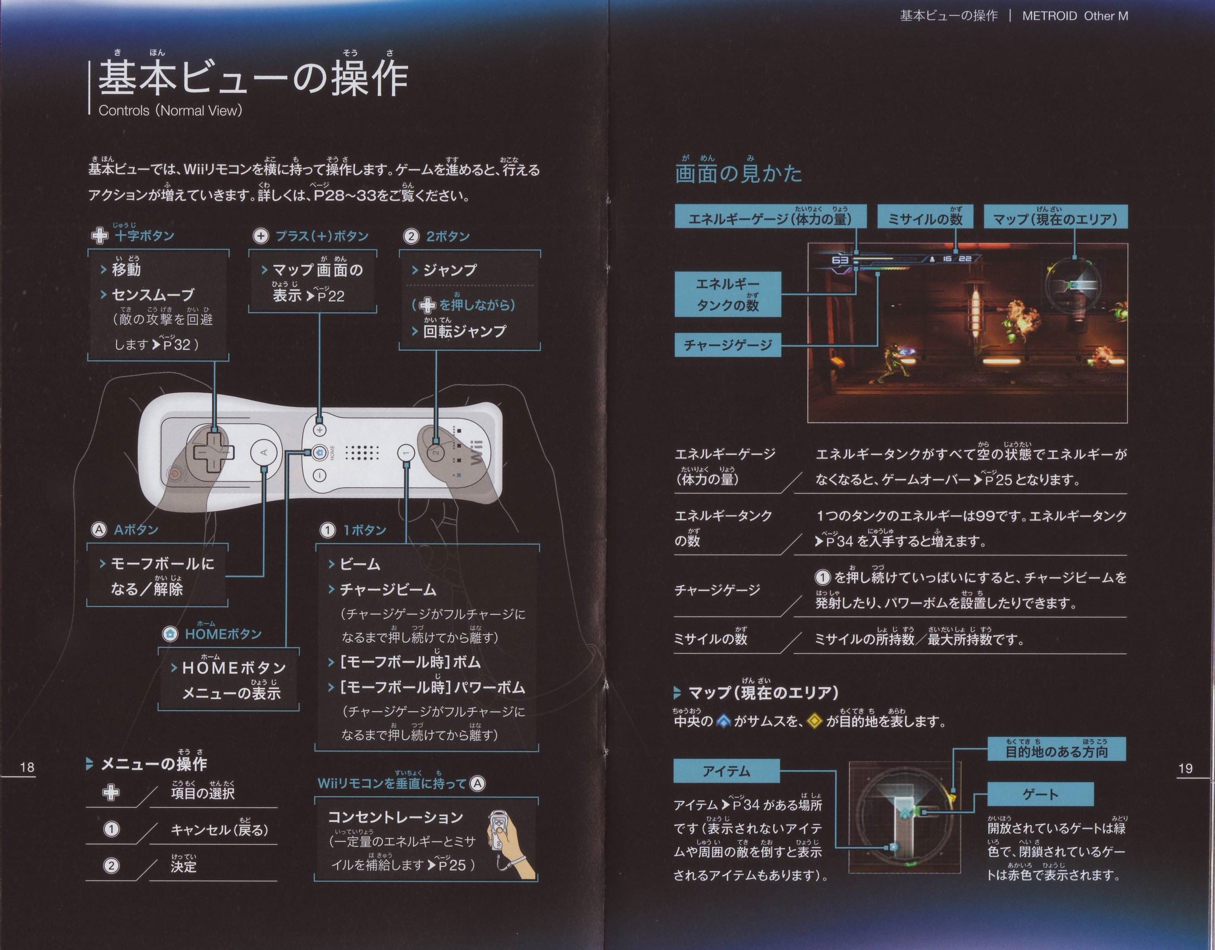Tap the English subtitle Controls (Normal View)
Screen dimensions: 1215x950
[x=170, y=110]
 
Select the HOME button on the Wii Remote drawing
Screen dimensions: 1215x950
[x=319, y=452]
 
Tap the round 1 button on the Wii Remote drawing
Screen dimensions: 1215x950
[x=406, y=452]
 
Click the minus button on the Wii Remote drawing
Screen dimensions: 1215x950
[x=319, y=475]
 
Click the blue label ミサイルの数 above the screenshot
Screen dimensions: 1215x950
[x=925, y=218]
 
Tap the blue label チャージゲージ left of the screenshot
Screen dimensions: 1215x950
[x=728, y=345]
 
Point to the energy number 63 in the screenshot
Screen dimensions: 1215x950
[x=840, y=260]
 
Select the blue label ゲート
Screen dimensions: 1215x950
[x=1040, y=794]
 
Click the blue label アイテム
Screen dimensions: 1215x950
[x=726, y=771]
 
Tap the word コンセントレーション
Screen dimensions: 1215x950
[x=395, y=817]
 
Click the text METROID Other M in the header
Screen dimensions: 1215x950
[x=1075, y=16]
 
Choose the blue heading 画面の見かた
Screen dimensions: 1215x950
[x=738, y=173]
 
